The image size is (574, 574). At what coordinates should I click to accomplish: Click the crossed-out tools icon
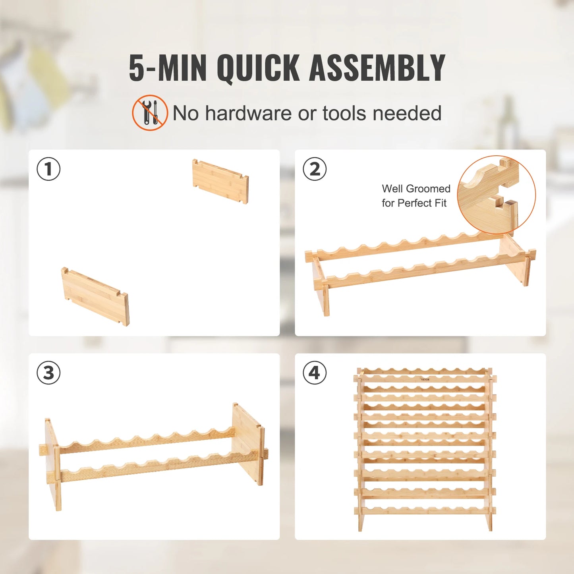(x=150, y=113)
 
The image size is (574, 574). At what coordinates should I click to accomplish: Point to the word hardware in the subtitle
(x=249, y=113)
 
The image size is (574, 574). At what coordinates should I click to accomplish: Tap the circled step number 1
(x=48, y=169)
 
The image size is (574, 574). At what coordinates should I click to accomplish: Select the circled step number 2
(x=315, y=169)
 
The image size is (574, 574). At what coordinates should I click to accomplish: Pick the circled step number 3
(x=48, y=373)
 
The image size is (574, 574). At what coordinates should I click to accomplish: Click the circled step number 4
(x=315, y=373)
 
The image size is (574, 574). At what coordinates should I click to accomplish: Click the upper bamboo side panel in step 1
(x=220, y=181)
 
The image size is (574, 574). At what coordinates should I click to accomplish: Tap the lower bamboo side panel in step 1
(x=95, y=296)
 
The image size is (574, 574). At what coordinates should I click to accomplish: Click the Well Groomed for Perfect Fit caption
(x=416, y=196)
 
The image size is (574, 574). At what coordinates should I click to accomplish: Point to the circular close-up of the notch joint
(x=496, y=195)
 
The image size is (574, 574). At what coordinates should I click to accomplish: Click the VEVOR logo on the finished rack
(x=425, y=380)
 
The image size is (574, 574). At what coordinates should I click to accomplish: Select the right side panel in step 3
(x=248, y=441)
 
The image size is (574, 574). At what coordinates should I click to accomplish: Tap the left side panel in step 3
(x=53, y=463)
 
